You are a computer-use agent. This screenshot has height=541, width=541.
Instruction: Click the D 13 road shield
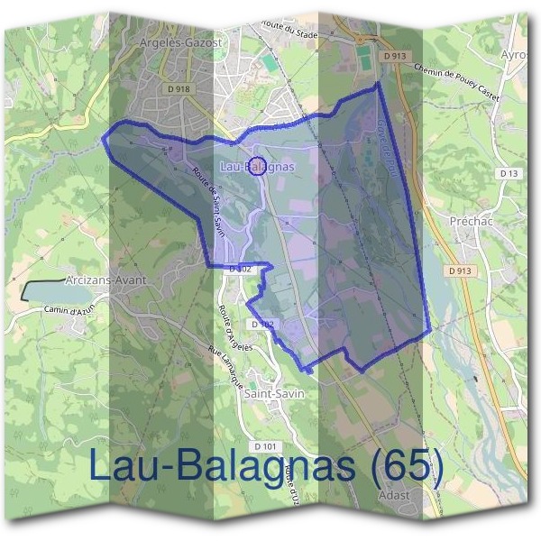coord(509,173)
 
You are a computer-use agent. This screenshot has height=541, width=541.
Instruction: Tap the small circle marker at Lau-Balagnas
coord(257,166)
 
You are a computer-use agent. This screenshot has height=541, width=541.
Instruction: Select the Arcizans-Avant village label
coord(106,280)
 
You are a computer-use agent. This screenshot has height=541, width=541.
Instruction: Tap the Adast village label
coord(394,495)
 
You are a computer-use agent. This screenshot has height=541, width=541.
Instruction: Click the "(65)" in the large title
coord(405,466)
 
